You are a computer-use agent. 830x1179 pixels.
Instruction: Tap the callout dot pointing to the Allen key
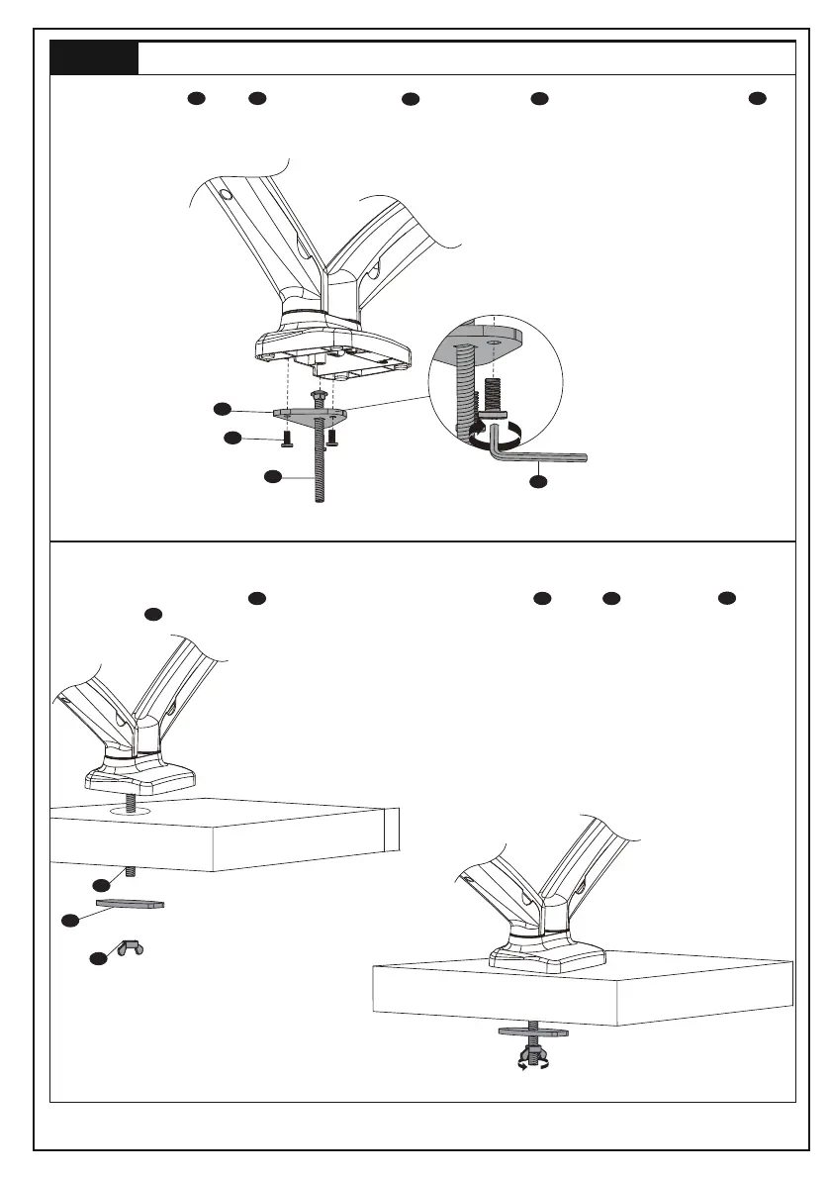pyautogui.click(x=537, y=482)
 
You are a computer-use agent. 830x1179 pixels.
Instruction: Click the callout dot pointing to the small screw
pyautogui.click(x=231, y=438)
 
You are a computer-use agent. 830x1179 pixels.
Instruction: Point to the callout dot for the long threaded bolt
pyautogui.click(x=273, y=476)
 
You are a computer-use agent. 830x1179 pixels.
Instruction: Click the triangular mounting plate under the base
pyautogui.click(x=307, y=413)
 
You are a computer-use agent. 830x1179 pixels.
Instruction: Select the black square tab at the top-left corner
pyautogui.click(x=94, y=58)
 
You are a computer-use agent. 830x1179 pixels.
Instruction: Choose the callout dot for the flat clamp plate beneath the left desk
pyautogui.click(x=70, y=920)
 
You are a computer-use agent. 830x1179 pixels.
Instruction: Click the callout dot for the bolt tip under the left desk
pyautogui.click(x=100, y=883)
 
